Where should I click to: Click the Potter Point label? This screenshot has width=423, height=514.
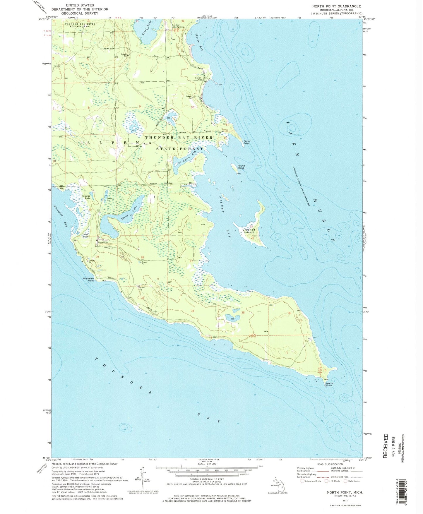click(x=247, y=142)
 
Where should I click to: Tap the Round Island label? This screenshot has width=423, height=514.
click(x=241, y=167)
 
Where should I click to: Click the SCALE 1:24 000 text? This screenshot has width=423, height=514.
click(x=207, y=464)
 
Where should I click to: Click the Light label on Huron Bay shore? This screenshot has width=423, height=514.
click(x=220, y=84)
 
